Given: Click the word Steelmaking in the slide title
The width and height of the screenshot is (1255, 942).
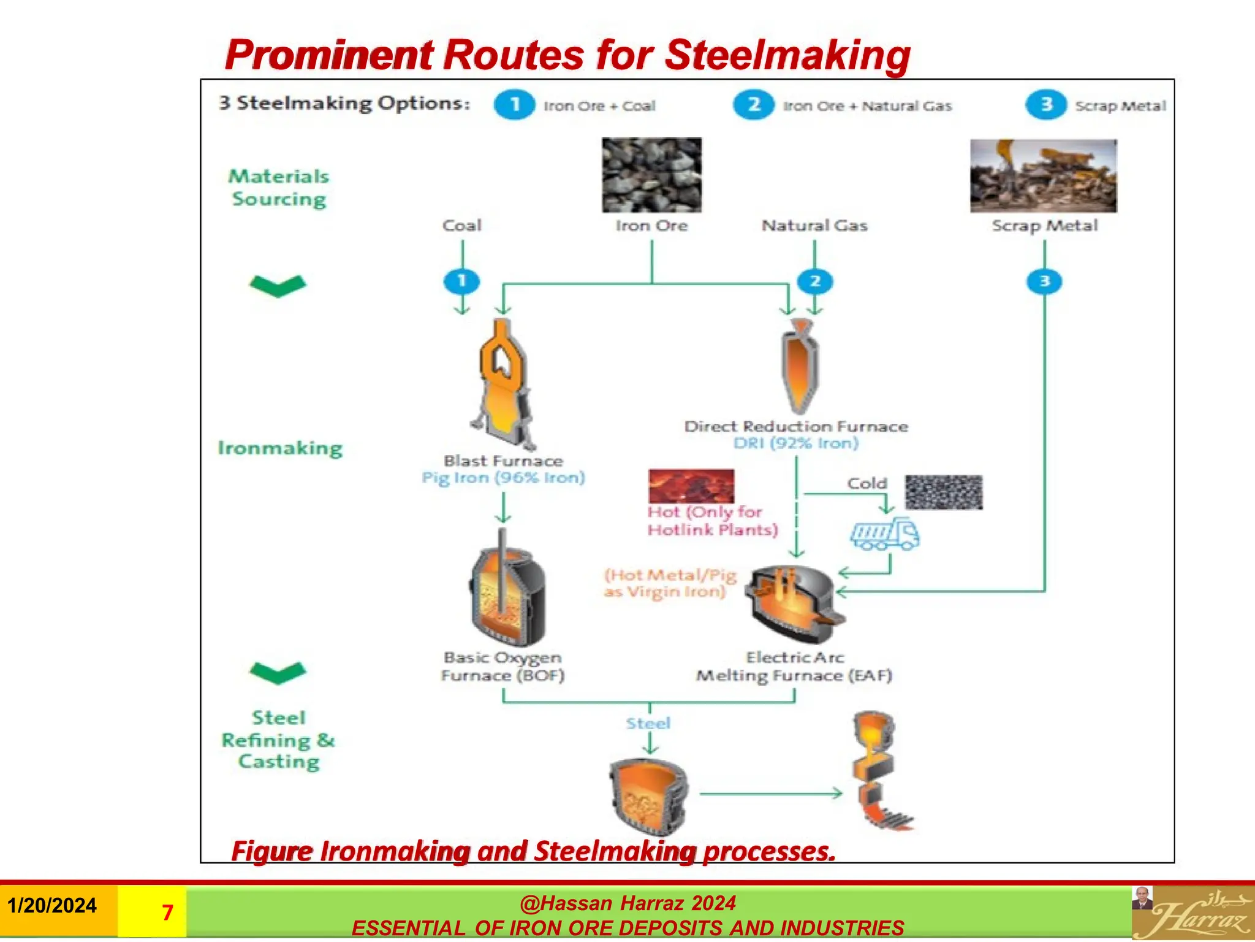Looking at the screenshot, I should (x=787, y=55).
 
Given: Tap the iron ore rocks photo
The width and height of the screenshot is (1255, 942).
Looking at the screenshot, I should (x=651, y=175).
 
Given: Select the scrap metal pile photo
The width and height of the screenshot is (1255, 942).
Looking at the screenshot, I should (x=1043, y=176).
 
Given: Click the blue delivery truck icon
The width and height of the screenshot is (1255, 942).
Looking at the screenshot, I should (x=884, y=534).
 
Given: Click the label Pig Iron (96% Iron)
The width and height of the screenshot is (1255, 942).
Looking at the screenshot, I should (x=503, y=478).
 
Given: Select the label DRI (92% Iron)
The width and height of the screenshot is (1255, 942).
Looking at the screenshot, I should (x=795, y=443).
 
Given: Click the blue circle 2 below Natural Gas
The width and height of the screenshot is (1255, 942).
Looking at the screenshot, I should (x=814, y=281).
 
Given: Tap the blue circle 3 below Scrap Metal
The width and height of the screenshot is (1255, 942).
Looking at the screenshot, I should (x=1044, y=281).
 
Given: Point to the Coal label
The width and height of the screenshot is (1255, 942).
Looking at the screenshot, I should (x=462, y=226).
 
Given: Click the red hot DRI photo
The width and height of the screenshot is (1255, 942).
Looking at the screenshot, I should (x=691, y=486).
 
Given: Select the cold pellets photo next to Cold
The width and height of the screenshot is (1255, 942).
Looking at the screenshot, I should (x=944, y=492).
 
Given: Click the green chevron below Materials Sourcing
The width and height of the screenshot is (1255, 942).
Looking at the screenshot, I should (x=278, y=285).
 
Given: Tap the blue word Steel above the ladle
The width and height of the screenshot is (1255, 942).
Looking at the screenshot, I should (x=648, y=724).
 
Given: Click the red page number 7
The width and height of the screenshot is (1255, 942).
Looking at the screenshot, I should (x=167, y=913).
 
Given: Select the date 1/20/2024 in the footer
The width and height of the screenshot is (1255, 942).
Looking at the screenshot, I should (x=52, y=906).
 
